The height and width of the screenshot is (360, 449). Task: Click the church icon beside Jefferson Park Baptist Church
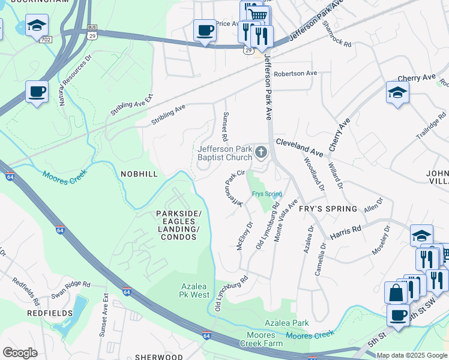click(261, 152)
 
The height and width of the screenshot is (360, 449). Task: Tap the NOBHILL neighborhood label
click(139, 174)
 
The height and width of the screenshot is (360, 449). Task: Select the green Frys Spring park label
click(267, 194)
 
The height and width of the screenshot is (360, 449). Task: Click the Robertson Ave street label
click(295, 73)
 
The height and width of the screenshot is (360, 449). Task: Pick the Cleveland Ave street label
click(300, 146)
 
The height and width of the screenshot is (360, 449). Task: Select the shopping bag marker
click(396, 293)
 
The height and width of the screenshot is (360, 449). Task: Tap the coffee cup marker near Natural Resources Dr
click(37, 92)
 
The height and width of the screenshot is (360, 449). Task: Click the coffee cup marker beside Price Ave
click(205, 30)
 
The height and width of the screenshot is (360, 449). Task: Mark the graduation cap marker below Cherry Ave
click(397, 92)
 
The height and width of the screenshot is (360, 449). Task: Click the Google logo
click(20, 353)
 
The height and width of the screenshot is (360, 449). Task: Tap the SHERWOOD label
click(158, 356)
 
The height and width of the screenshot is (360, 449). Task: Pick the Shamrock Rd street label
click(336, 34)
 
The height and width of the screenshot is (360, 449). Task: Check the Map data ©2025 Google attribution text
click(411, 355)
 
